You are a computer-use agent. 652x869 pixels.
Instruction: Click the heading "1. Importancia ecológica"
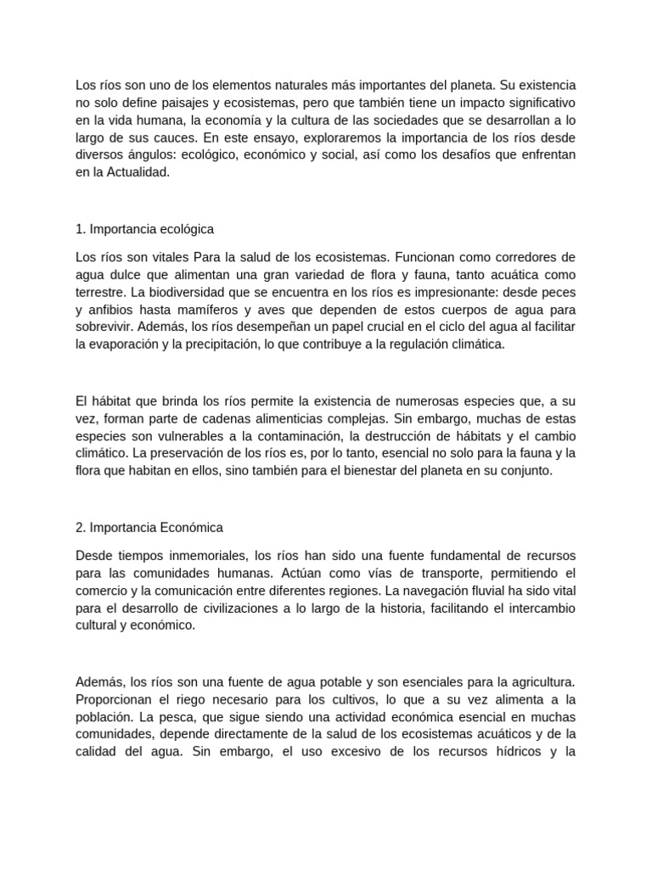144,229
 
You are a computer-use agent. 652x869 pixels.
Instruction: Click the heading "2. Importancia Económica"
149,528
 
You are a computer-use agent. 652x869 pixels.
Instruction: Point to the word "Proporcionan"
116,699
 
